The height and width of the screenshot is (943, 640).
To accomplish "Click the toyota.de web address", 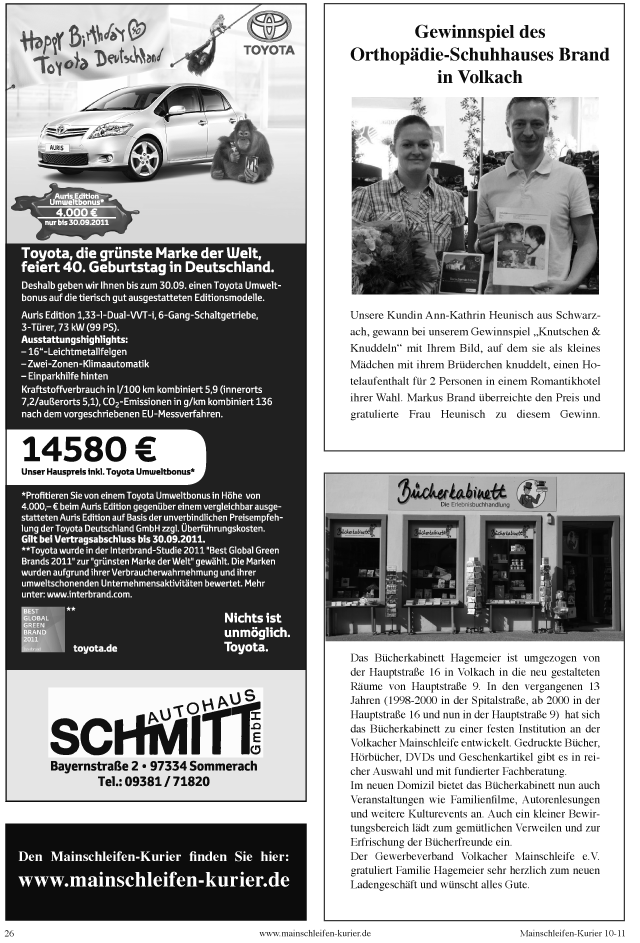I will click(96, 647).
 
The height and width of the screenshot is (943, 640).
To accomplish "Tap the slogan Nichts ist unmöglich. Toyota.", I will click(258, 632).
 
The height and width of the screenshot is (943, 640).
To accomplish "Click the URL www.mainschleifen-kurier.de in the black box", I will click(154, 881).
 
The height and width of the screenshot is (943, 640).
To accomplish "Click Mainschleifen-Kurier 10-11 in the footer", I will click(572, 932).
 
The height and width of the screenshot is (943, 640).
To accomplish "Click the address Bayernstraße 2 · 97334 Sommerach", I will click(154, 765).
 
